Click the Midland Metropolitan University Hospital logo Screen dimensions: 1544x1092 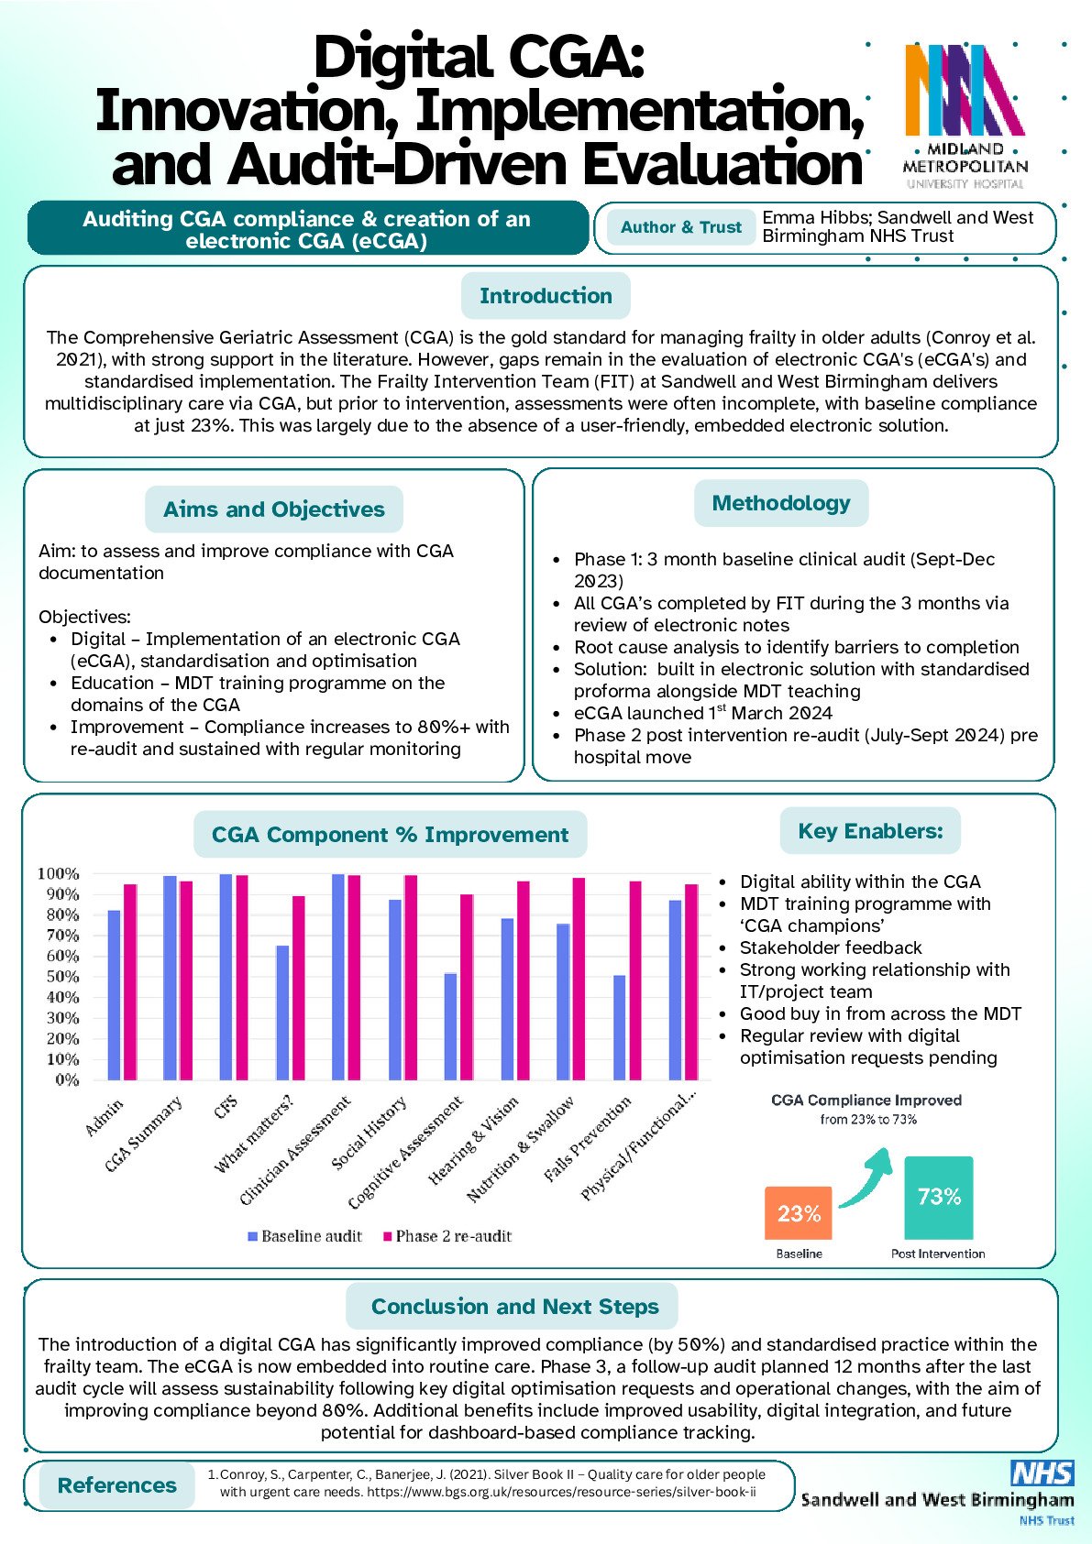pos(965,115)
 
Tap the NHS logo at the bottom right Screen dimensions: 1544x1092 pos(1042,1473)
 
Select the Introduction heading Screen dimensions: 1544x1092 pos(546,296)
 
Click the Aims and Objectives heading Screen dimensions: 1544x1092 pos(274,509)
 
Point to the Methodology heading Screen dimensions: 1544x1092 pos(781,503)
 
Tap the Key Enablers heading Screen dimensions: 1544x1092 pos(870,831)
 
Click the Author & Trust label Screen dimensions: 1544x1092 pos(681,227)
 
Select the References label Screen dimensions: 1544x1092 pos(117,1485)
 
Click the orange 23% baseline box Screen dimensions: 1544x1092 pos(799,1213)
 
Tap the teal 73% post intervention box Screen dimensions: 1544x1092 pos(939,1198)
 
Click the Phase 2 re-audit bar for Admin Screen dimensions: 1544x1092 pos(130,981)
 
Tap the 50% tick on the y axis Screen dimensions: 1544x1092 pos(58,977)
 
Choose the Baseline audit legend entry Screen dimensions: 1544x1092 pos(304,1236)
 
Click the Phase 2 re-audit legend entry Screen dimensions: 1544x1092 pos(447,1236)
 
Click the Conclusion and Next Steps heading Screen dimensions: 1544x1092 pos(514,1307)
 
